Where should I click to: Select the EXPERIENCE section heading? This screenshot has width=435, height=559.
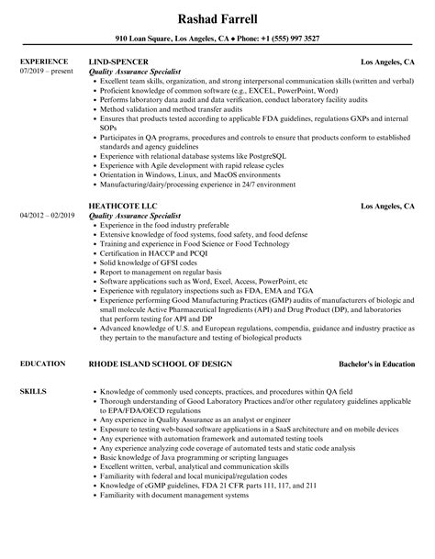pos(42,62)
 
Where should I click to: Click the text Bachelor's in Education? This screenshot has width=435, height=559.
pos(372,339)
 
